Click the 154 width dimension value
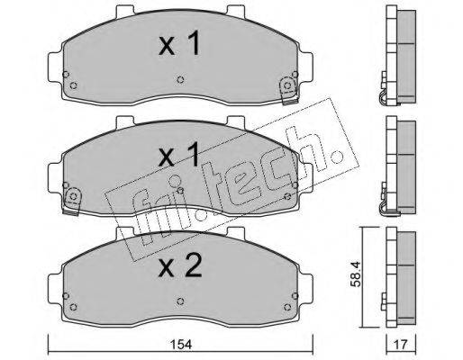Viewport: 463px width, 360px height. pos(182,345)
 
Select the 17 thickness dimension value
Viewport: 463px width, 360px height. pos(401,345)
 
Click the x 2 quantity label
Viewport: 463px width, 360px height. pos(180,265)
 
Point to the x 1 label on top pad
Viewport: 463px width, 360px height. pos(179,44)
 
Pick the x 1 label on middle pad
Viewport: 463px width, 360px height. pos(179,155)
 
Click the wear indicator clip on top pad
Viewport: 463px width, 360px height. pos(289,91)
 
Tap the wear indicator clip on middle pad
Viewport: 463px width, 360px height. pos(72,201)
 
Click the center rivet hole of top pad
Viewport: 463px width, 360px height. pos(180,79)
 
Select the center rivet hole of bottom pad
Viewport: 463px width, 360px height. pos(180,301)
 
